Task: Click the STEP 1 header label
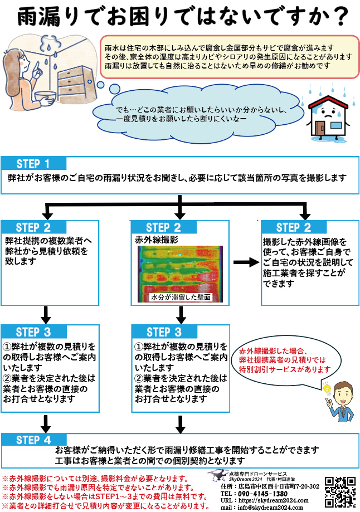[x=33, y=164]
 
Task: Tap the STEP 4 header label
[x=33, y=440]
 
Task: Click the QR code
[x=340, y=490]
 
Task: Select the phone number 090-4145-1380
[x=262, y=493]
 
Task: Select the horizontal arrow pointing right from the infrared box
[x=244, y=262]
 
